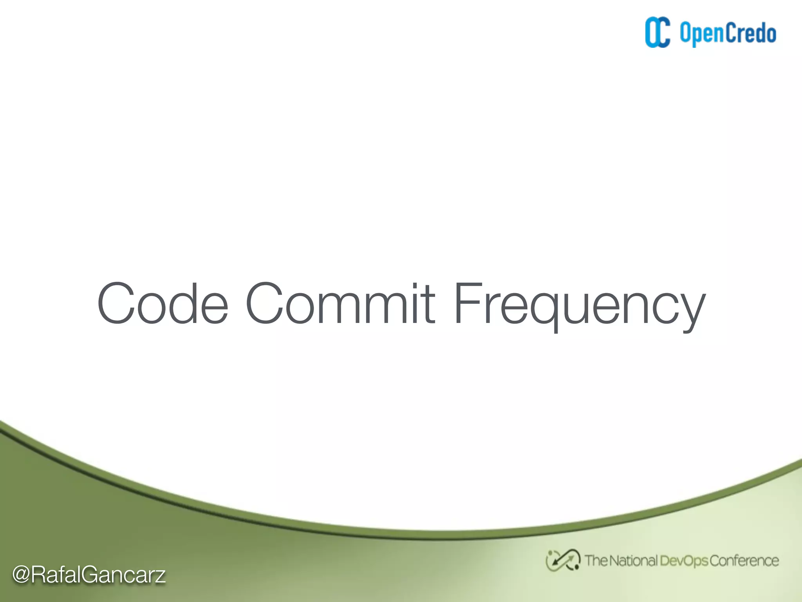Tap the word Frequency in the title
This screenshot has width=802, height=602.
click(x=579, y=306)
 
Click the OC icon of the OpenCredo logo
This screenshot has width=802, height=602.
click(x=657, y=33)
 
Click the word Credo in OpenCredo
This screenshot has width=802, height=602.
click(x=750, y=33)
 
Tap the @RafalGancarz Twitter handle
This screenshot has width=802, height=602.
click(x=89, y=575)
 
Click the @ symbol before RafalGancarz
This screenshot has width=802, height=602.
click(x=21, y=575)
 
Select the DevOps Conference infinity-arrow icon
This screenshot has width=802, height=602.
click(x=563, y=560)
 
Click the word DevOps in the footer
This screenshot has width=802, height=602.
click(x=684, y=561)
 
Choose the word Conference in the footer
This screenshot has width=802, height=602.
click(x=744, y=561)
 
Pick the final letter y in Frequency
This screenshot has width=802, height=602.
click(x=691, y=312)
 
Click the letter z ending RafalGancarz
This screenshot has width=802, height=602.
click(x=160, y=576)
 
